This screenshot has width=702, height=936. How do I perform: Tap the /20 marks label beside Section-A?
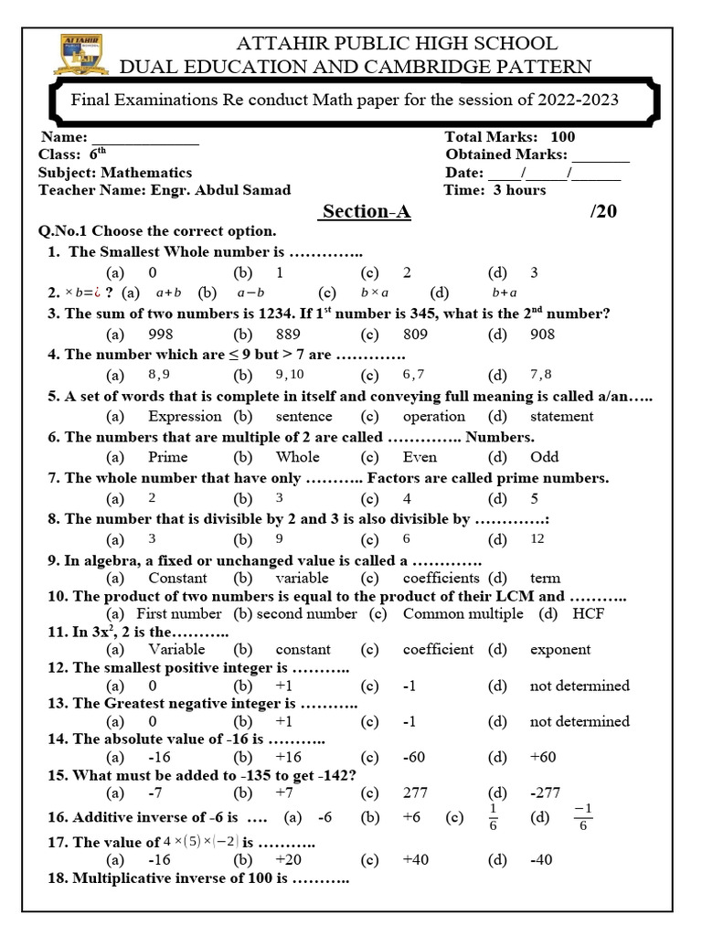603,212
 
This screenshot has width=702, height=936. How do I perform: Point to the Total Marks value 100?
563,137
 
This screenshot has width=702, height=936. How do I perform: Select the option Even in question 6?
420,457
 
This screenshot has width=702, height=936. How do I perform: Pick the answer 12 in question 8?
537,538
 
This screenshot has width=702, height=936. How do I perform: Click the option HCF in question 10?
589,613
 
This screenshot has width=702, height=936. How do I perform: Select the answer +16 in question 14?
289,757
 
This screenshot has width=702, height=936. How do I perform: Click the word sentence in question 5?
305,416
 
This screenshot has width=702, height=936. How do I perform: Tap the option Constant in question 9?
177,578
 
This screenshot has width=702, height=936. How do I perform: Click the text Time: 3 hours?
495,190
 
